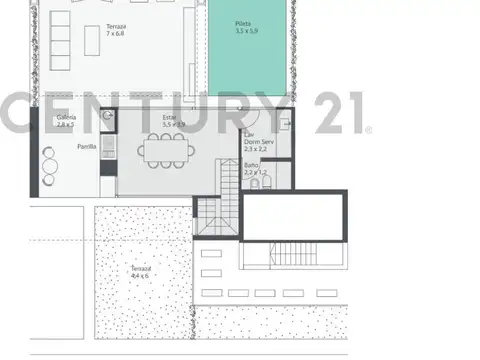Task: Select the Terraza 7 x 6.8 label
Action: coord(115,31)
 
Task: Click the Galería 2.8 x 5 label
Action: coord(67,123)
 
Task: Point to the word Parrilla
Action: coord(88,146)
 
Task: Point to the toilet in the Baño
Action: coord(257,184)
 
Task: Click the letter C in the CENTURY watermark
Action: coord(19,112)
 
